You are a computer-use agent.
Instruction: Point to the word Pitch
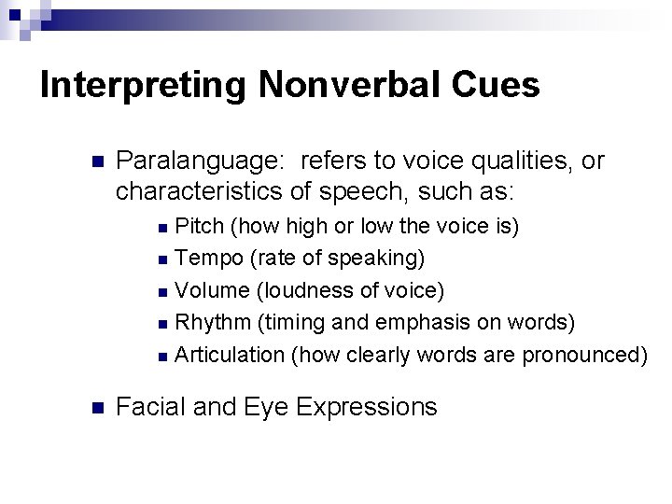(x=201, y=226)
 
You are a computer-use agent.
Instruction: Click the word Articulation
(x=230, y=355)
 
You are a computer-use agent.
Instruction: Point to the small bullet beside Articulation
(x=163, y=356)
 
